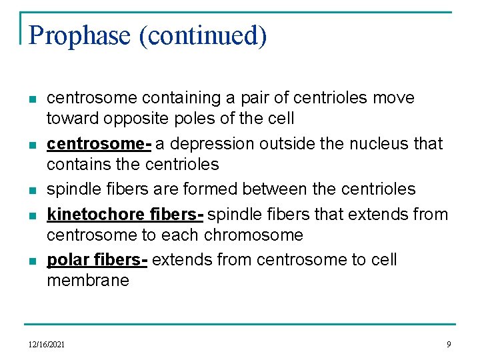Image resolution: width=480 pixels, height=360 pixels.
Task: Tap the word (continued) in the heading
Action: [203, 35]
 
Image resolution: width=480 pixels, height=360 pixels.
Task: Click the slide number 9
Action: [449, 344]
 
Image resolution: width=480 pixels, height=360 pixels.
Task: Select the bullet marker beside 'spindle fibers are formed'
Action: [32, 191]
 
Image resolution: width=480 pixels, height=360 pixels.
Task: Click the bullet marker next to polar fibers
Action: [32, 260]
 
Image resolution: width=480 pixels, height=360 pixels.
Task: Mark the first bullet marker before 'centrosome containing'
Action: [32, 99]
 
